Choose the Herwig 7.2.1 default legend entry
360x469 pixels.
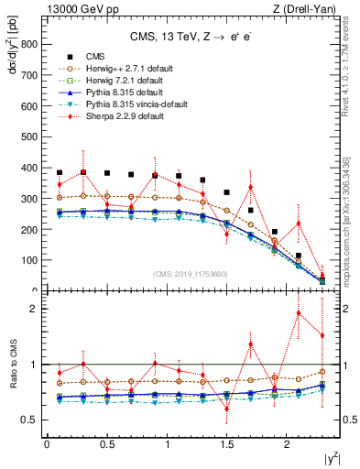tap(120, 80)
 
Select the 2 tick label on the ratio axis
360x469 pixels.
tap(34, 309)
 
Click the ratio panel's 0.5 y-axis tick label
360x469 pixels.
tap(29, 420)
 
